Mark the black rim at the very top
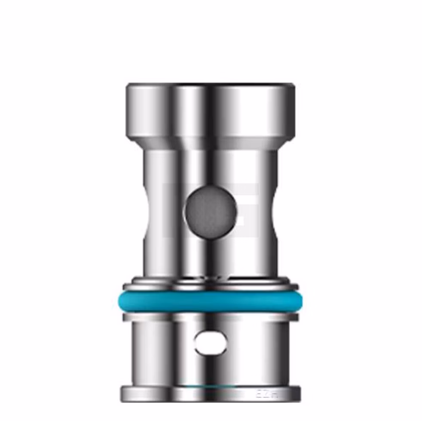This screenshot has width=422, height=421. pos(211,84)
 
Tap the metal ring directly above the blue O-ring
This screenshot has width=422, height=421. pos(211,286)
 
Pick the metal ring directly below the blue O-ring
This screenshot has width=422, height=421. pos(211,317)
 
